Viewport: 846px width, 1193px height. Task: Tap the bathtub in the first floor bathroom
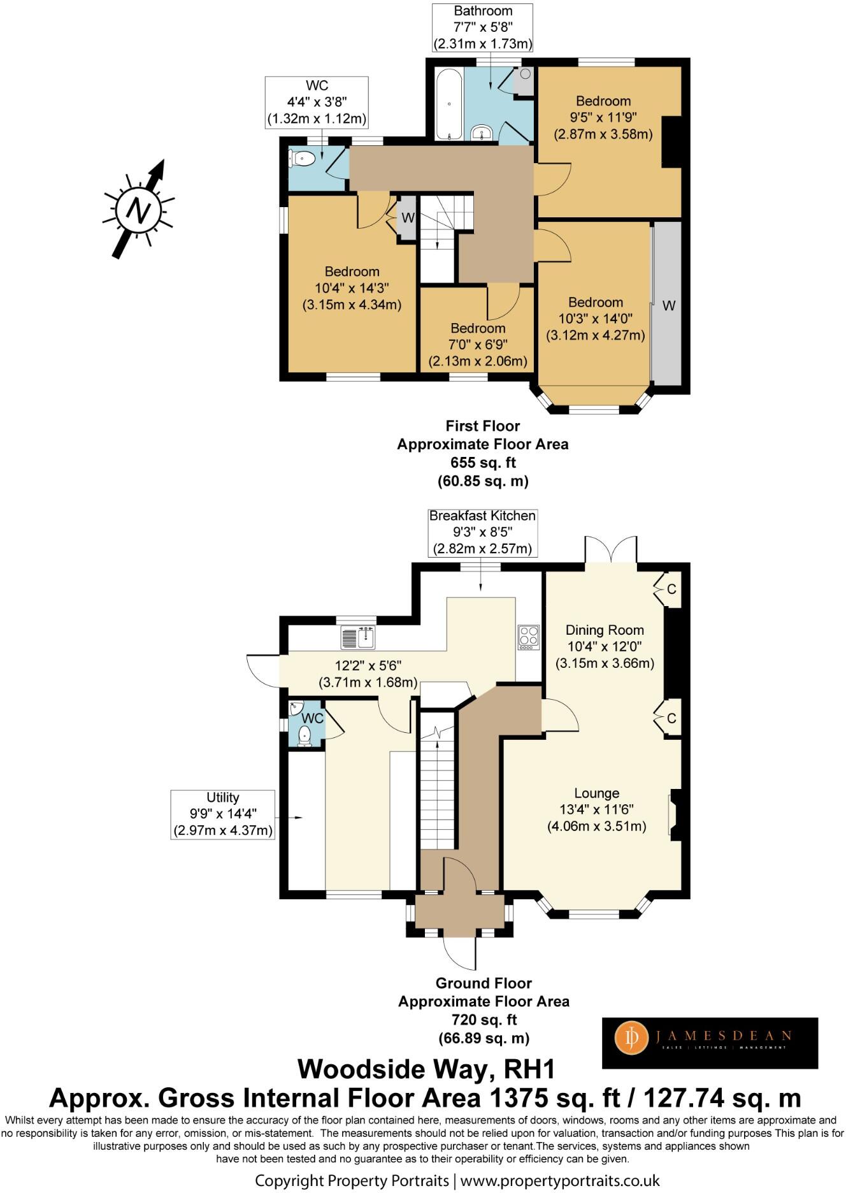(449, 104)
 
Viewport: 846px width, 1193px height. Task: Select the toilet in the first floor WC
(303, 158)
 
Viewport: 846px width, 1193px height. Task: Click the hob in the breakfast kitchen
(529, 637)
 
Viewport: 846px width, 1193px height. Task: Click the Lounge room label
(596, 793)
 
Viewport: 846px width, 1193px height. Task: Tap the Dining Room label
(605, 630)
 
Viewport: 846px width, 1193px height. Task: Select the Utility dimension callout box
(223, 814)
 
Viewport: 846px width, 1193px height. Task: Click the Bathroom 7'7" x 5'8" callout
(483, 27)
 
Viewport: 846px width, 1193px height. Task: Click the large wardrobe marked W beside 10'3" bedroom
(667, 305)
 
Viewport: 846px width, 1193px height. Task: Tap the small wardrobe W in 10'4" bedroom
(407, 218)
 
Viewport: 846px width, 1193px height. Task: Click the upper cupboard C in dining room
(668, 589)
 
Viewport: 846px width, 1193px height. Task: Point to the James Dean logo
(710, 1043)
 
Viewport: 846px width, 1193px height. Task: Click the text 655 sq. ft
(483, 463)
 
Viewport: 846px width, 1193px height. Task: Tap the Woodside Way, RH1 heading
(426, 1069)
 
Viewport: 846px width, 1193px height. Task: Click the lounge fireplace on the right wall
(676, 814)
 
